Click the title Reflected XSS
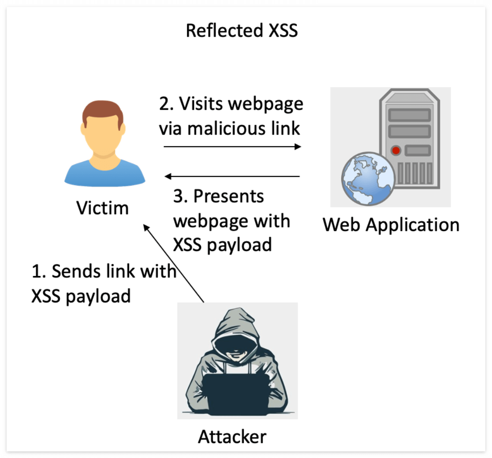pyautogui.click(x=242, y=31)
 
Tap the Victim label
pyautogui.click(x=103, y=208)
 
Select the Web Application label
pyautogui.click(x=391, y=225)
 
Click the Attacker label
pyautogui.click(x=232, y=437)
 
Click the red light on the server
pyautogui.click(x=396, y=151)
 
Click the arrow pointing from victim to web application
pyautogui.click(x=232, y=147)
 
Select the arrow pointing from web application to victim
pyautogui.click(x=232, y=177)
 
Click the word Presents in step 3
pyautogui.click(x=229, y=197)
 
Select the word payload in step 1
pyautogui.click(x=98, y=296)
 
